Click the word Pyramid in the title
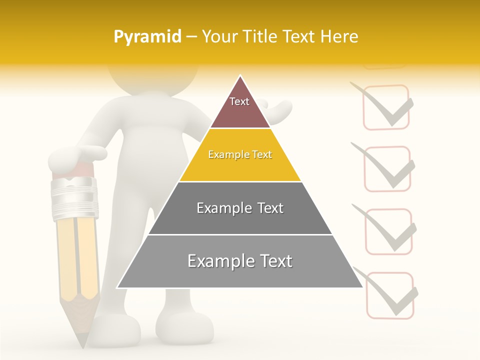147,37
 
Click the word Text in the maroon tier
239,101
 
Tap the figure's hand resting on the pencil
75,157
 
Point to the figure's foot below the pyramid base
182,327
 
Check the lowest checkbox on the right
390,295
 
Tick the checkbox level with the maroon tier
385,107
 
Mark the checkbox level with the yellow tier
387,168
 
